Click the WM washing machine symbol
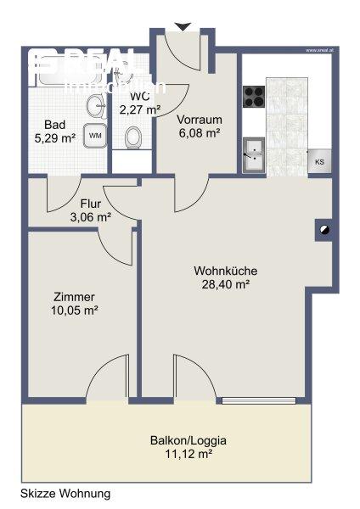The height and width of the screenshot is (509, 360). tap(95, 135)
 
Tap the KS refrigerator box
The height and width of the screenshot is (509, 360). tap(319, 161)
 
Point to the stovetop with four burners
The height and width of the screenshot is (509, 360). tap(254, 97)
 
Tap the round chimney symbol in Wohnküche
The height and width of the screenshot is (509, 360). tap(323, 229)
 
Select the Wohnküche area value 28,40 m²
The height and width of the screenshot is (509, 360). tap(225, 285)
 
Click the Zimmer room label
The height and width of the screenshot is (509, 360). tap(73, 297)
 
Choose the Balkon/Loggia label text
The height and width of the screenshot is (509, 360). tap(188, 441)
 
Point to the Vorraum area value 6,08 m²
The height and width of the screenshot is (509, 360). tap(199, 133)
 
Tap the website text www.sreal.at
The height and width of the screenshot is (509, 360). tap(323, 49)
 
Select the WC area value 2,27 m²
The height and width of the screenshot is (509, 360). tap(140, 109)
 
